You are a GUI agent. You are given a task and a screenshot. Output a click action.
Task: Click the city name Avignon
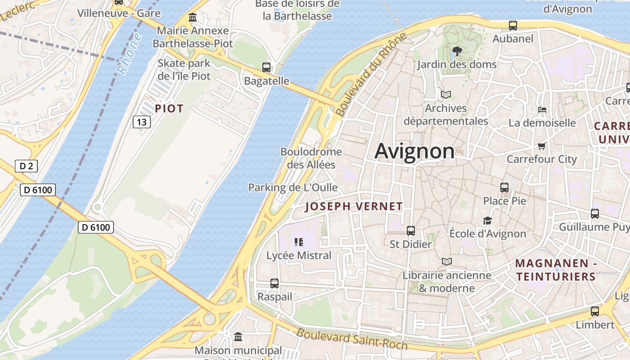tap(414, 151)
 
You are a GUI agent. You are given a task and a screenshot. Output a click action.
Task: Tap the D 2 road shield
tap(26, 166)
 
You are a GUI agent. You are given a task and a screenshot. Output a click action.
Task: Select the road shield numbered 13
tap(141, 121)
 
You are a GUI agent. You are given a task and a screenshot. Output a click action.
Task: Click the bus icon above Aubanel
tap(513, 26)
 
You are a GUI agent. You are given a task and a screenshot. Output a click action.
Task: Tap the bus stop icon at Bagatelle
tap(266, 67)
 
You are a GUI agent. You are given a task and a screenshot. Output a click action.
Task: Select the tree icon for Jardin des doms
tap(457, 51)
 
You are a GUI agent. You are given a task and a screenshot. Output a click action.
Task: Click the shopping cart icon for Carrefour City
tap(541, 146)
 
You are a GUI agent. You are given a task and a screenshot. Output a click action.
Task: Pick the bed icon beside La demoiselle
tap(542, 109)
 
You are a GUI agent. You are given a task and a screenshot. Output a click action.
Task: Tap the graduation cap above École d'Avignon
tap(487, 220)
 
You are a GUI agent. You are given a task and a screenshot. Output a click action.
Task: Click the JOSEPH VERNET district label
tap(354, 207)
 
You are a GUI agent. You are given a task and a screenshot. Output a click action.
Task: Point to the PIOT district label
tap(169, 108)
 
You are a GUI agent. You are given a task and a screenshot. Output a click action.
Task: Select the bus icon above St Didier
tap(410, 231)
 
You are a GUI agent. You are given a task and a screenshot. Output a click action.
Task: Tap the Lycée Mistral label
tap(299, 256)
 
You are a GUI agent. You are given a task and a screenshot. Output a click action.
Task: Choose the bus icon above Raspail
tap(274, 283)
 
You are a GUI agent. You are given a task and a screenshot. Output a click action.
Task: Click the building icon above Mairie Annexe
tap(193, 18)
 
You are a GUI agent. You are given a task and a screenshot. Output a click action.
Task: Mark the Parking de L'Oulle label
tap(293, 187)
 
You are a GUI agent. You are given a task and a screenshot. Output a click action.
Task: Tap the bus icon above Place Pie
tap(504, 188)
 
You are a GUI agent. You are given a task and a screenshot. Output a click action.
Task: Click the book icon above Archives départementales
tap(446, 95)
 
